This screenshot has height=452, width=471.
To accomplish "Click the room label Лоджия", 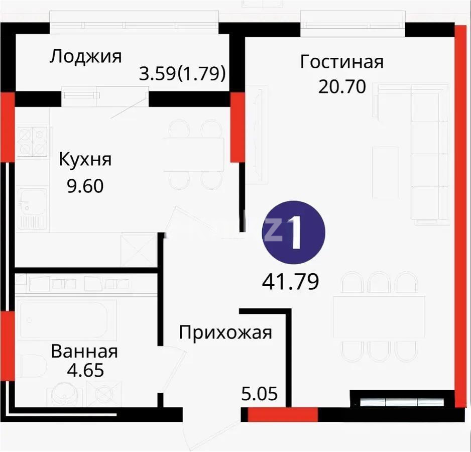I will pyautogui.click(x=85, y=56).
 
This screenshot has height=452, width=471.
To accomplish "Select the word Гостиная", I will pyautogui.click(x=341, y=62).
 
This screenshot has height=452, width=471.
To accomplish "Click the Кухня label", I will pyautogui.click(x=85, y=160).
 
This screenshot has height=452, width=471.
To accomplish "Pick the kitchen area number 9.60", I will pyautogui.click(x=85, y=186).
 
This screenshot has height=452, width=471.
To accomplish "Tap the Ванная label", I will pyautogui.click(x=84, y=351).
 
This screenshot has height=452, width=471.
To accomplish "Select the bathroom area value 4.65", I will pyautogui.click(x=84, y=371).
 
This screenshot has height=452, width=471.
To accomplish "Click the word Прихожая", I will pyautogui.click(x=225, y=332).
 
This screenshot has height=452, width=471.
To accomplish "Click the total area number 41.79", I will pyautogui.click(x=291, y=282).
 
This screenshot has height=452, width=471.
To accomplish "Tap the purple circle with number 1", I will pyautogui.click(x=294, y=233).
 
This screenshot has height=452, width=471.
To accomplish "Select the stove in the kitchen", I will pyautogui.click(x=32, y=141).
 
